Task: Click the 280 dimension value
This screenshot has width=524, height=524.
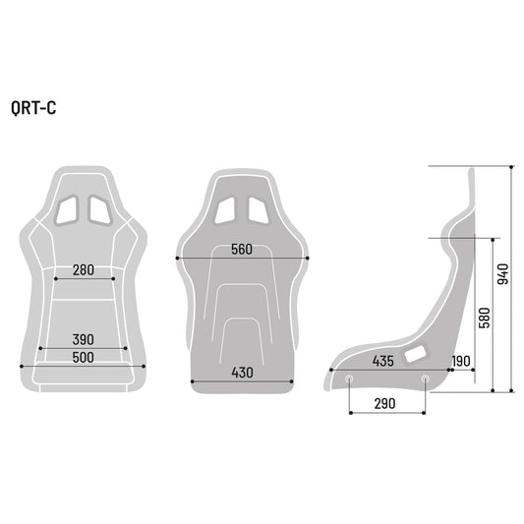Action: [x=83, y=269]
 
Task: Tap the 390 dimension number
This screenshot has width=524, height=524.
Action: [x=83, y=339]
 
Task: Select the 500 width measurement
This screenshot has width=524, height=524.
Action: [x=83, y=357]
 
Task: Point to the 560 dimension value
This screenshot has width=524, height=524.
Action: [x=242, y=250]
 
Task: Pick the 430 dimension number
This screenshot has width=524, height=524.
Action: [x=242, y=373]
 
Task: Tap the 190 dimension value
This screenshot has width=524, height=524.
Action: [x=462, y=361]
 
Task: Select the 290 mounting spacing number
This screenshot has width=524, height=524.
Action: [x=385, y=404]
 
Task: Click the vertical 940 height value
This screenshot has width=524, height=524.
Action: [x=502, y=276]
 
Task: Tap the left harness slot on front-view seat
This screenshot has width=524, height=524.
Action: [x=68, y=209]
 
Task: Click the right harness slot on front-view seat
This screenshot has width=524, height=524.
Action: [x=99, y=209]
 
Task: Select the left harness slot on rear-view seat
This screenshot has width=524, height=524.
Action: [x=227, y=209]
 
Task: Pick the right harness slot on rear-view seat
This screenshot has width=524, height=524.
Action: [x=258, y=209]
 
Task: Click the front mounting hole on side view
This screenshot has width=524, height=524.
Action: [x=351, y=378]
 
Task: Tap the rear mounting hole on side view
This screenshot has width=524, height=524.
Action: [x=425, y=378]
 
